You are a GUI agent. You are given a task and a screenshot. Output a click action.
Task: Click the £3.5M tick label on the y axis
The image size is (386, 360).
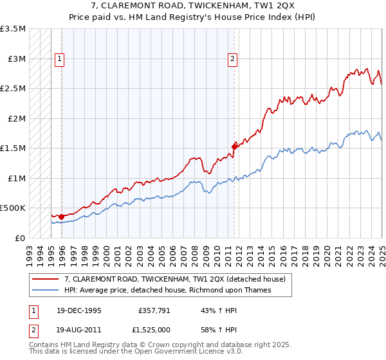(13, 30)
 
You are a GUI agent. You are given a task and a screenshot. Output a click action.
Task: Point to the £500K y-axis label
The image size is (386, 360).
(13, 208)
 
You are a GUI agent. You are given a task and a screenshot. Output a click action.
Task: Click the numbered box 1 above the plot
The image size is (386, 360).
(60, 59)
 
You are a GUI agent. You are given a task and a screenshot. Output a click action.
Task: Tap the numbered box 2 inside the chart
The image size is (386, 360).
(232, 59)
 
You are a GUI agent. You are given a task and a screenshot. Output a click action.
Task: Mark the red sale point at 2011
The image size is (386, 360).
(234, 147)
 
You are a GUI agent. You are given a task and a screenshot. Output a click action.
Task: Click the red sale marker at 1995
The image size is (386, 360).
(61, 217)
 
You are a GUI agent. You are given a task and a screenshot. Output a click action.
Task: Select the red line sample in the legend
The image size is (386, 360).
(46, 278)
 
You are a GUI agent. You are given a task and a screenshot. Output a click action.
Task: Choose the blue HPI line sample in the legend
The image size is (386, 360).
(46, 289)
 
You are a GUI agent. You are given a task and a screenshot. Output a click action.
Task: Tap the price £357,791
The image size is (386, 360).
(153, 310)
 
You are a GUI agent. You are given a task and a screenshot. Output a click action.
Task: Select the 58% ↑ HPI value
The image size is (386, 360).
(210, 330)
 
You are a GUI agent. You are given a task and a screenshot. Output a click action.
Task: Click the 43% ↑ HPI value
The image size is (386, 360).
(210, 310)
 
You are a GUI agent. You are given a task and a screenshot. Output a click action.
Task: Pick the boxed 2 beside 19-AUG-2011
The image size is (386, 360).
(33, 330)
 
